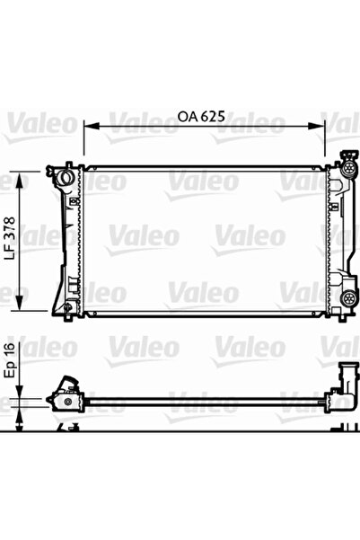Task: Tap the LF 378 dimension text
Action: coord(11,240)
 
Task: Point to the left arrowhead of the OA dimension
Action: coord(87,128)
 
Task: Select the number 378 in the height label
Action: coord(11,230)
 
